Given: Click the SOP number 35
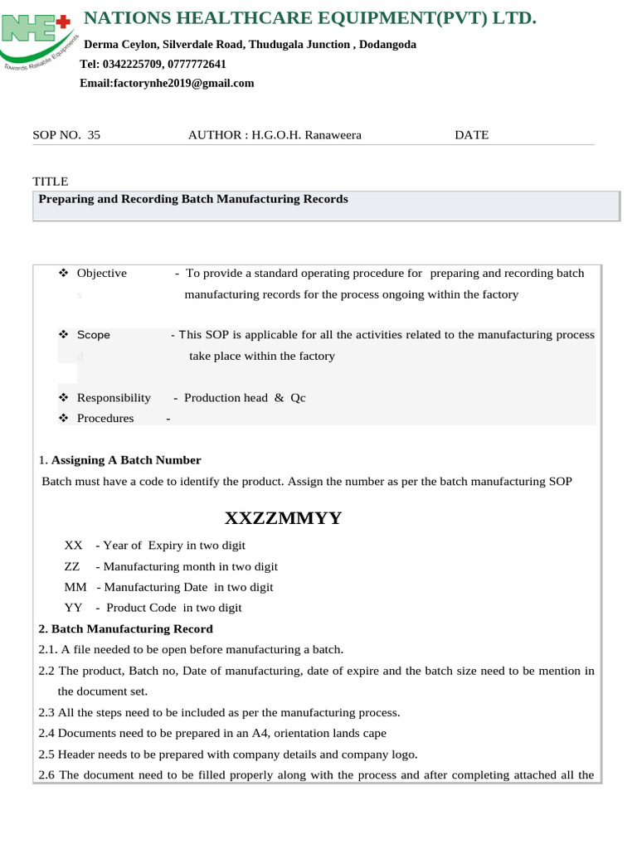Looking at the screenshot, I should [94, 135].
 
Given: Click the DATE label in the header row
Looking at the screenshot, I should [471, 135].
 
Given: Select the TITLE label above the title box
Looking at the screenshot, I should [50, 182].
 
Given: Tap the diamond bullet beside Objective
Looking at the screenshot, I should [64, 274].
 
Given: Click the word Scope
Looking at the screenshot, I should [93, 335].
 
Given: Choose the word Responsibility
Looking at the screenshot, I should [114, 398].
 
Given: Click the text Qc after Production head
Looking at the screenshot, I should [298, 398].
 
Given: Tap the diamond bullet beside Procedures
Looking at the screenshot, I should [64, 419].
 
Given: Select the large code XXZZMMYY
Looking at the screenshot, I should [283, 519].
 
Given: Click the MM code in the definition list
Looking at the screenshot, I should [75, 587].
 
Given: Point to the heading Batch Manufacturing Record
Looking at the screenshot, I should [132, 629].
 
